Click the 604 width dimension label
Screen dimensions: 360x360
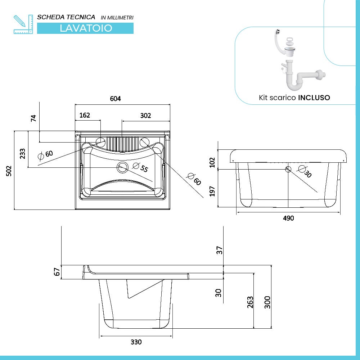[115, 99]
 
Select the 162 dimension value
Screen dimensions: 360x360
[84, 115]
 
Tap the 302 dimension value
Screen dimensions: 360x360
[145, 115]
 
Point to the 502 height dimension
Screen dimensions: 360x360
[9, 171]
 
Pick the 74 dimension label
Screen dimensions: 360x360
[33, 118]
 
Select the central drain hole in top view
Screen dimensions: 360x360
[122, 167]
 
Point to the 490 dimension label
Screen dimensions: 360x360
[288, 218]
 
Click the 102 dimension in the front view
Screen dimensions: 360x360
[212, 162]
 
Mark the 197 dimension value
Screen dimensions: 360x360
[212, 191]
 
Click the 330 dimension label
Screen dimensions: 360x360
[136, 342]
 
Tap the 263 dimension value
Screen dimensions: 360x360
[250, 302]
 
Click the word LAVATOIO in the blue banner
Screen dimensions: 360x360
[86, 28]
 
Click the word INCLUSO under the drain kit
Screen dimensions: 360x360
[314, 98]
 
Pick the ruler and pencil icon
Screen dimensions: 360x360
[23, 24]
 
